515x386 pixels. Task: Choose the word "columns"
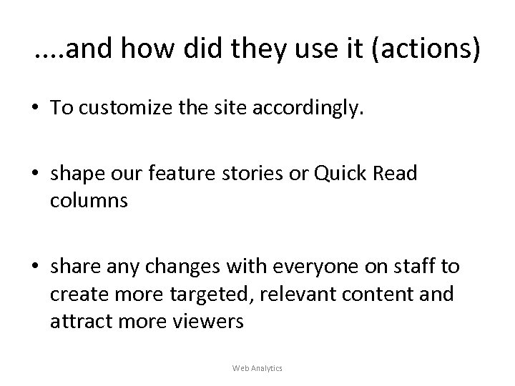(x=89, y=202)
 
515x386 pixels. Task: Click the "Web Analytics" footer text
(x=257, y=367)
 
